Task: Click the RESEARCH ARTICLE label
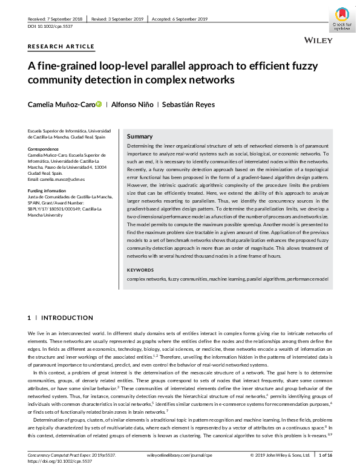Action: point(61,47)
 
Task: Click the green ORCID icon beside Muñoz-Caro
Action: point(99,105)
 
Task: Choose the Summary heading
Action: point(140,137)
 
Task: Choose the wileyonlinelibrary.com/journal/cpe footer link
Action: point(180,454)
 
